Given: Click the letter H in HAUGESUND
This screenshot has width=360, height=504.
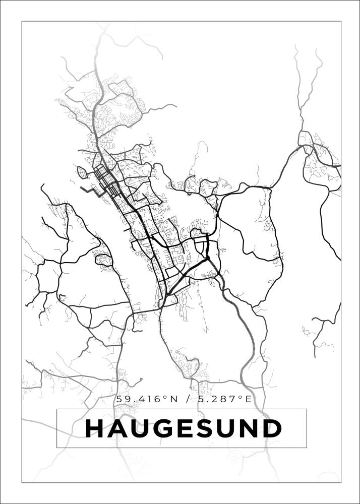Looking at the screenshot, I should point(94,429).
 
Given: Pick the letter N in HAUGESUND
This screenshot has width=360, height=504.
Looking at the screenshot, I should point(250,429).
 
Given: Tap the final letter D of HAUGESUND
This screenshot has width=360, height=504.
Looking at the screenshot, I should point(272,429).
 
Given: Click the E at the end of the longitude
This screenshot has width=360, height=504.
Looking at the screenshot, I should point(248,399).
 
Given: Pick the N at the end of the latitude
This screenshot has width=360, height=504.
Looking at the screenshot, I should point(174,399).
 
